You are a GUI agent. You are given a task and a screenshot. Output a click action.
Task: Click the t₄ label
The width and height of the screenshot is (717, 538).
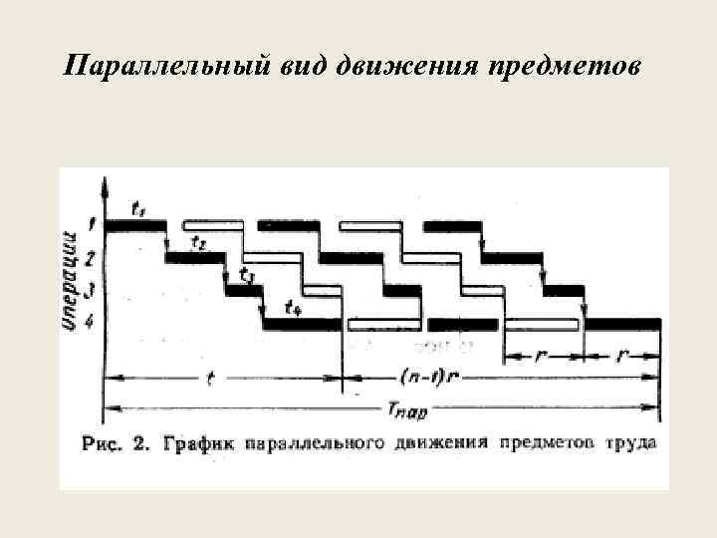(293, 308)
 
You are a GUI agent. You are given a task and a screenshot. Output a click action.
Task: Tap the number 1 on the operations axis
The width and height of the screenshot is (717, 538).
(91, 224)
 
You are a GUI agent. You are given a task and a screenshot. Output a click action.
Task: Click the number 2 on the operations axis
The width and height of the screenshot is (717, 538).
(91, 258)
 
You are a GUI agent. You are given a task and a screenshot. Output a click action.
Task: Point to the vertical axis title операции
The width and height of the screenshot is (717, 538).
(72, 281)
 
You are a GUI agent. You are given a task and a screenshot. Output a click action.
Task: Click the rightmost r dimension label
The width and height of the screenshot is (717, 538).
(624, 354)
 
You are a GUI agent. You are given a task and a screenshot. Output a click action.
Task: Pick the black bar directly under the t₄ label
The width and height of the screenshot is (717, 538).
(302, 324)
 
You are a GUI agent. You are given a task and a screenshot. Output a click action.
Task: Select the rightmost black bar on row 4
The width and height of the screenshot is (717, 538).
(622, 324)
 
